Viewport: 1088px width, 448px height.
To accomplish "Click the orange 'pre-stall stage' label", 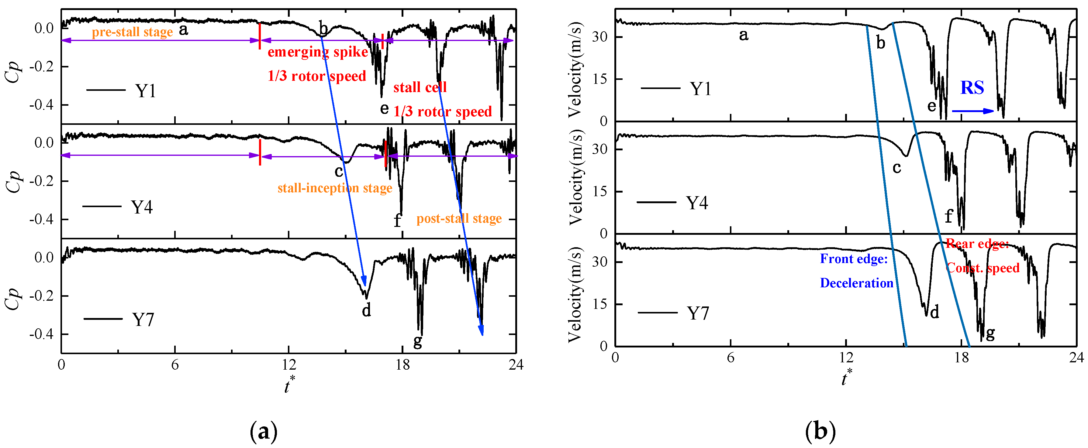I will (x=132, y=32).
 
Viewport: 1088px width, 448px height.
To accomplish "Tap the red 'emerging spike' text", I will (x=318, y=52).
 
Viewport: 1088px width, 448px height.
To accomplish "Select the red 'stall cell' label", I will (x=420, y=87).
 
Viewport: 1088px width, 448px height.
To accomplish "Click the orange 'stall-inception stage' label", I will (x=334, y=188).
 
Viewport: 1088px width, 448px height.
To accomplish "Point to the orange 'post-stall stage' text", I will (x=459, y=218).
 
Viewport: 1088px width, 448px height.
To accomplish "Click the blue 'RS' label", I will (x=972, y=88).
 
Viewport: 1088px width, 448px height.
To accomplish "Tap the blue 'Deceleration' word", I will (x=856, y=283).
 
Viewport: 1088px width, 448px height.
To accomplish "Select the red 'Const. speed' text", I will (x=983, y=268).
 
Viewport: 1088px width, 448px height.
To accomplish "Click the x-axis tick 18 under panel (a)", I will (x=402, y=364).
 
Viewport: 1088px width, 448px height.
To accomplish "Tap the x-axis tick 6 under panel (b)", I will (x=730, y=358).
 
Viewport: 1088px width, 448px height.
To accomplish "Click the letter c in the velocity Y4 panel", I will (x=897, y=168).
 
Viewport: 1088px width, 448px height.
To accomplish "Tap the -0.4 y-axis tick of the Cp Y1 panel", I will (x=41, y=104).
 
